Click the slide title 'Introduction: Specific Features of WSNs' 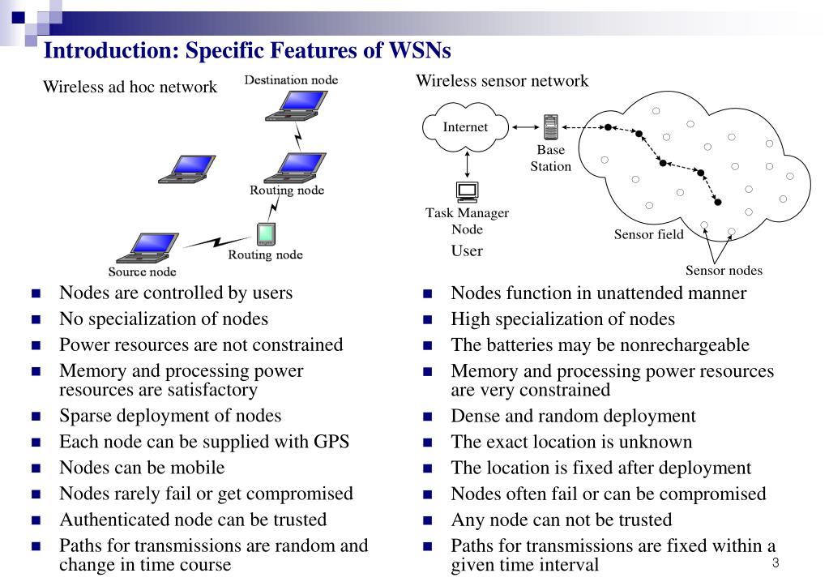click(x=247, y=51)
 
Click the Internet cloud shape click(x=466, y=127)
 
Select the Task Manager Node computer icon click(x=468, y=192)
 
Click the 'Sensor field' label click(x=648, y=235)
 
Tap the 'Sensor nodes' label click(x=724, y=271)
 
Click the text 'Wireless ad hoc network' click(x=130, y=87)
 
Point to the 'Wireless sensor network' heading click(x=502, y=81)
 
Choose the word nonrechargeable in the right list click(x=685, y=345)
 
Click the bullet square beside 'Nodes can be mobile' click(x=36, y=468)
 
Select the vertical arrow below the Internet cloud click(x=468, y=165)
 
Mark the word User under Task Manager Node click(x=467, y=251)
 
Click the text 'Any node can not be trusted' click(x=561, y=520)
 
